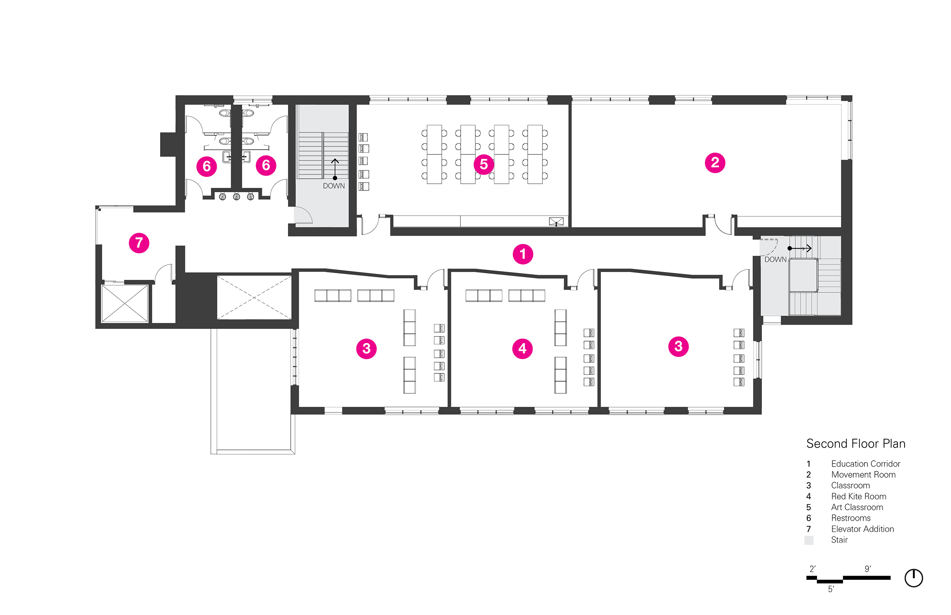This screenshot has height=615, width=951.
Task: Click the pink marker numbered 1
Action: click(x=523, y=254)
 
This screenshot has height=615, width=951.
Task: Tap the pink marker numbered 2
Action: click(x=715, y=163)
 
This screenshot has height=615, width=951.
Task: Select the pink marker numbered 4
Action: click(x=522, y=349)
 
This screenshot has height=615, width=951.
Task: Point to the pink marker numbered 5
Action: click(x=484, y=164)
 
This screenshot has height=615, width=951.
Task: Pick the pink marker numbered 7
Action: click(x=139, y=243)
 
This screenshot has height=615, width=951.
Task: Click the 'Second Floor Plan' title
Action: click(x=856, y=444)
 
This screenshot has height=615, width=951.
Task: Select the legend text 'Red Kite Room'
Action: click(x=859, y=496)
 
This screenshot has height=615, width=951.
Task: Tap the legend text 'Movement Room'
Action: click(x=863, y=474)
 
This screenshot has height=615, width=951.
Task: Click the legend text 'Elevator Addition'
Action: click(x=862, y=529)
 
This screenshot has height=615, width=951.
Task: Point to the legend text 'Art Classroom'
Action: click(x=857, y=507)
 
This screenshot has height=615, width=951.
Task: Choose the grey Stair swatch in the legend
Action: click(x=809, y=540)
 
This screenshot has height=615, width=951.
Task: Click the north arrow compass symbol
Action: click(x=913, y=578)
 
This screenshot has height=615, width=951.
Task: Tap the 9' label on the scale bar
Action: click(x=868, y=569)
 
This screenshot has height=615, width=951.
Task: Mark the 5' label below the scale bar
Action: click(x=831, y=589)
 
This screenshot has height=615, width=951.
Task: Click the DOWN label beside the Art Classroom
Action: click(x=334, y=186)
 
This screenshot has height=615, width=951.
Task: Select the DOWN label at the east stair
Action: click(x=775, y=259)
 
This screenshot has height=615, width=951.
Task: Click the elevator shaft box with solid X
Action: click(x=125, y=303)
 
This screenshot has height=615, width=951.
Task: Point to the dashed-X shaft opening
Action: click(x=254, y=297)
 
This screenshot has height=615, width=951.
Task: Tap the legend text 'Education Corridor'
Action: click(x=866, y=464)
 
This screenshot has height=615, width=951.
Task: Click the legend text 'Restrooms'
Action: click(x=851, y=518)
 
